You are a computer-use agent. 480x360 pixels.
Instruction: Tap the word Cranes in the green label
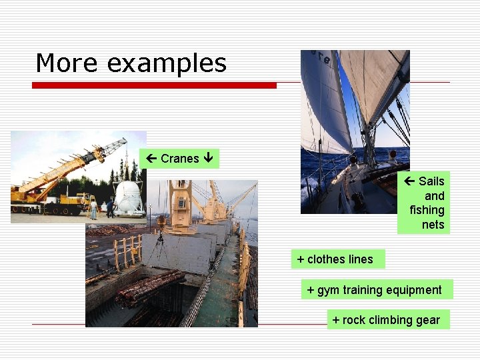click(180, 159)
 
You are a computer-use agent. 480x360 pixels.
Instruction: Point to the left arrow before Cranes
click(152, 159)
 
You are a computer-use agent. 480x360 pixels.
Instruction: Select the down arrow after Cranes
click(209, 159)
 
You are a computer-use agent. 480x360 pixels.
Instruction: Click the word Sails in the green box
click(431, 181)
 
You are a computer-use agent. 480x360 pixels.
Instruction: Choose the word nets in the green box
click(433, 225)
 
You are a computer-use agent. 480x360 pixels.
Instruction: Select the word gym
click(328, 290)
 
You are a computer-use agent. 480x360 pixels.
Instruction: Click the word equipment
click(413, 290)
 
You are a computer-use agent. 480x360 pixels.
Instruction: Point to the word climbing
click(389, 320)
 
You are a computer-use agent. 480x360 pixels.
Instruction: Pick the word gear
click(428, 321)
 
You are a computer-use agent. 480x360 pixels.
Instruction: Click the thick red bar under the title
click(154, 85)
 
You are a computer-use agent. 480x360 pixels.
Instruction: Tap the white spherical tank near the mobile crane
click(129, 197)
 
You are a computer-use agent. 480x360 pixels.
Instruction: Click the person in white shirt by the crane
click(94, 209)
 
